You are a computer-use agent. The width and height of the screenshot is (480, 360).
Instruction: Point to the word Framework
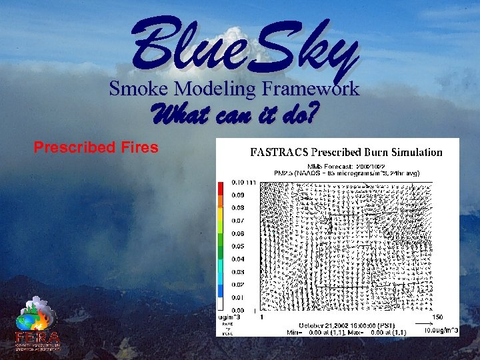click(311, 88)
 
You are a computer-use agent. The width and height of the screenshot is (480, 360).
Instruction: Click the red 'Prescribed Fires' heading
click(96, 147)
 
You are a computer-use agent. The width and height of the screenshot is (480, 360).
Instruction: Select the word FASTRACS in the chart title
click(279, 153)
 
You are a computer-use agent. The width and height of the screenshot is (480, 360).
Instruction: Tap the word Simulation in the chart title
click(413, 153)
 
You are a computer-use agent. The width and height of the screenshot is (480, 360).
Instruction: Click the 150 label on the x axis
click(438, 317)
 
